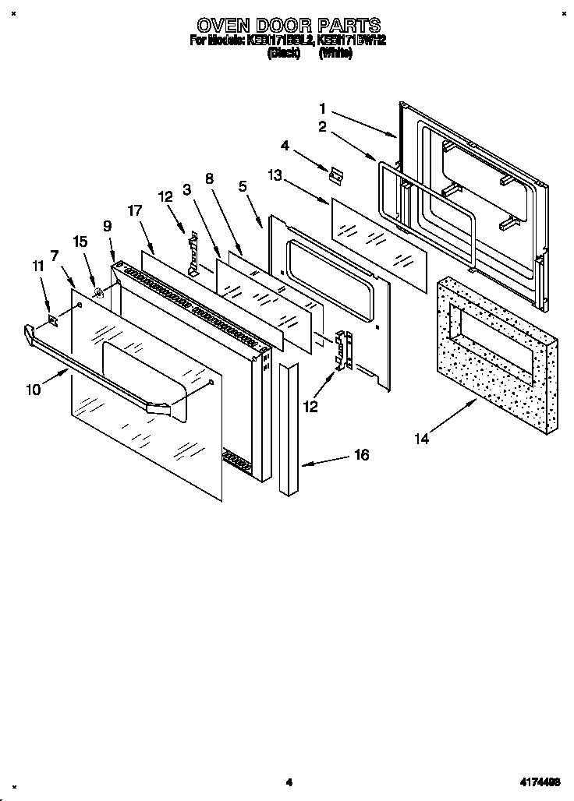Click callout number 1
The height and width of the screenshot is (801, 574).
(x=322, y=108)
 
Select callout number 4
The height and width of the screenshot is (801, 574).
(x=285, y=145)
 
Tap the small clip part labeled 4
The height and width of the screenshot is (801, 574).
(x=337, y=175)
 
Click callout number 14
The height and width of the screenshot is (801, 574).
(x=421, y=439)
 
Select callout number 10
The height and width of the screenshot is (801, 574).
(x=33, y=390)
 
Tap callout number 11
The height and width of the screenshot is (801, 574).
(x=37, y=266)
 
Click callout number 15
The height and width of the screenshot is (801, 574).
(x=79, y=242)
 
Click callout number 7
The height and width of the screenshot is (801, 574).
(x=54, y=255)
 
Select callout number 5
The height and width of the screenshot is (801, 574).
(x=243, y=186)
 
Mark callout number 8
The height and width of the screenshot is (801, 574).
(x=209, y=178)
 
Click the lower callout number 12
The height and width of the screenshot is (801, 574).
(x=311, y=406)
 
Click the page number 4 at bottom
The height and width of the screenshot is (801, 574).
(x=288, y=782)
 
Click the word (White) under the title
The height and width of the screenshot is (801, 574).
(x=336, y=53)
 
